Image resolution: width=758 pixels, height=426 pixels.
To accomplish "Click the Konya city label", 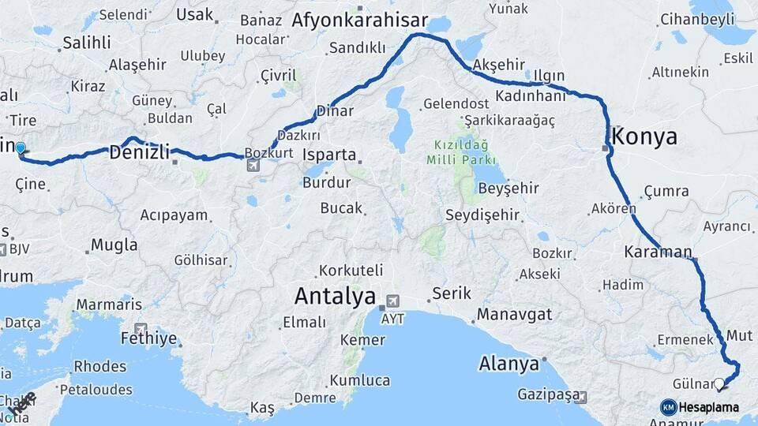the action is tap(644, 136).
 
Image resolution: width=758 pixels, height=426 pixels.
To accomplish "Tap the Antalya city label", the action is tap(334, 297).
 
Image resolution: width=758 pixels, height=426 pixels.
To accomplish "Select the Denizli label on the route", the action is tap(139, 151).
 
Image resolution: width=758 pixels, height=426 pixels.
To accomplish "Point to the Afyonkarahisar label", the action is tap(359, 21).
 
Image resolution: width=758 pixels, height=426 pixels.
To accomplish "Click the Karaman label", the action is tap(658, 252).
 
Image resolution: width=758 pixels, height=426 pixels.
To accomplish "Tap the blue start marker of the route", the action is tap(21, 148).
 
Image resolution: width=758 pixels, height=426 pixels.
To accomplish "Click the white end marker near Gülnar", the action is tap(719, 384).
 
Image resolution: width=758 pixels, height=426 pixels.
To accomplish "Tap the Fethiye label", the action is tap(148, 338).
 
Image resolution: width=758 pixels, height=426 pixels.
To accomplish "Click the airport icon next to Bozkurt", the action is tap(253, 165).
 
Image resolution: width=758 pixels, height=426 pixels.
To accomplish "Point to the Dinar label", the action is tap(334, 111).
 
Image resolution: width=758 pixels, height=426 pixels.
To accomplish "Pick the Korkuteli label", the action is tap(351, 271).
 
